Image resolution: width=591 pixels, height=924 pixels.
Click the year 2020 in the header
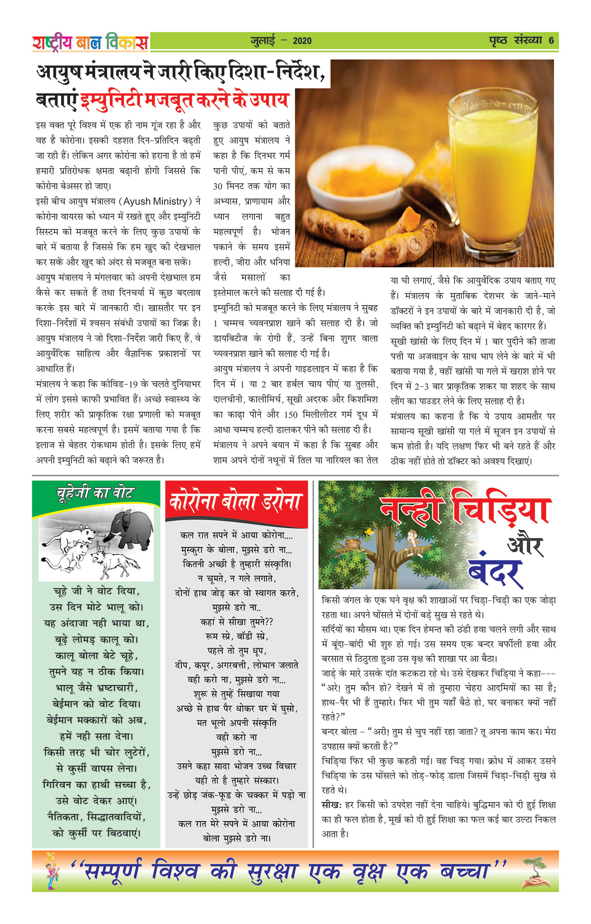point(302,41)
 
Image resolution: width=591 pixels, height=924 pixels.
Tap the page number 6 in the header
point(551,41)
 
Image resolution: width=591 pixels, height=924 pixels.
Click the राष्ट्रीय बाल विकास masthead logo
point(90,42)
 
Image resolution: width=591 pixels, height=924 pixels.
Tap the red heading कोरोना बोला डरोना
point(236,502)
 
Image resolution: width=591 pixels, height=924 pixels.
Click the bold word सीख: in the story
point(331,804)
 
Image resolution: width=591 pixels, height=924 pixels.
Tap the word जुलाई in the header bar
point(263,41)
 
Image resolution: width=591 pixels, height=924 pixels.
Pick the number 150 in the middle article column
point(291,414)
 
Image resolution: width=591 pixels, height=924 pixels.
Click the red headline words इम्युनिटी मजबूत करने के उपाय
point(184,100)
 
